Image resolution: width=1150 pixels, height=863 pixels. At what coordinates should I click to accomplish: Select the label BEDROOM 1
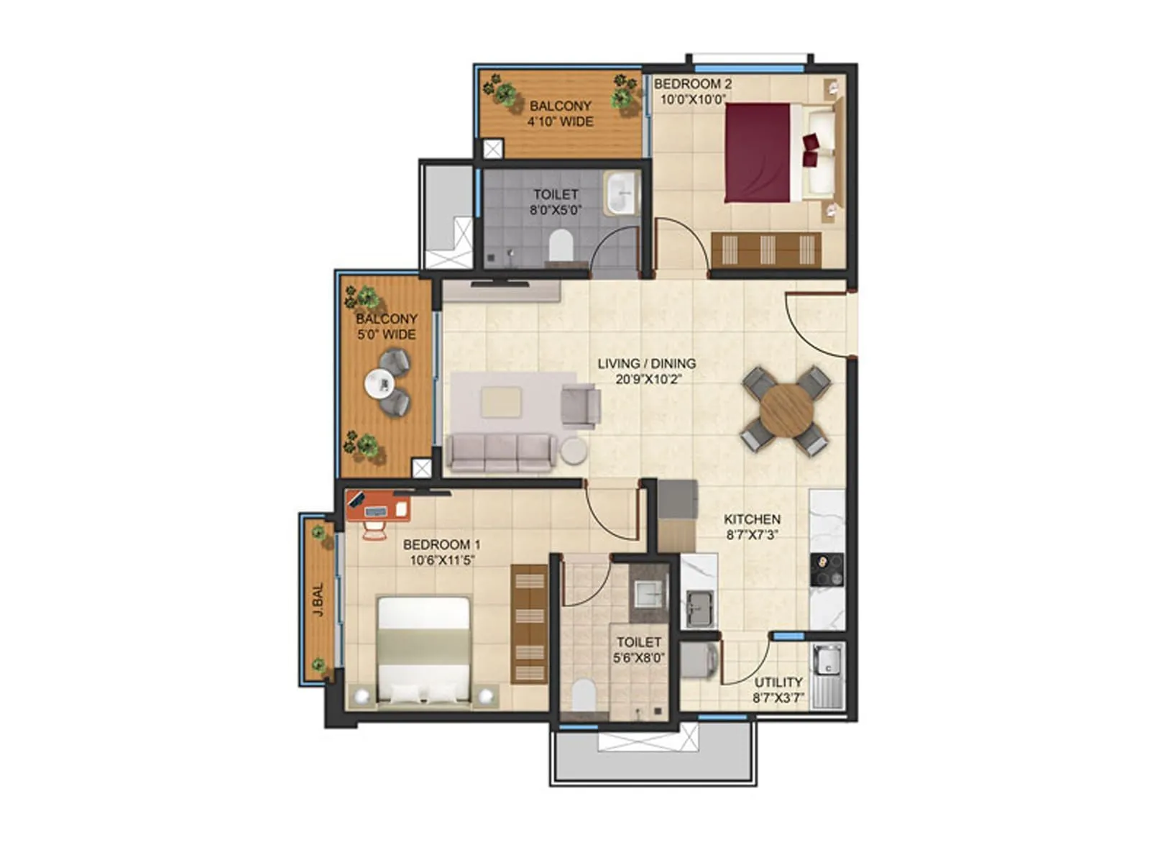(441, 544)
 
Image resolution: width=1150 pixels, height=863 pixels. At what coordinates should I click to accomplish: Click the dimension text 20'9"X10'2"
(648, 379)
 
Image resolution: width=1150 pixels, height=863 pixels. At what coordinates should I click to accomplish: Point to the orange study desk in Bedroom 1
(378, 506)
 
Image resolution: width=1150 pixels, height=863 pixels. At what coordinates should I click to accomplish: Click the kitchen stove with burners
(827, 570)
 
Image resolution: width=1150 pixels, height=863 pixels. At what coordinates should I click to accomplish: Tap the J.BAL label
(318, 599)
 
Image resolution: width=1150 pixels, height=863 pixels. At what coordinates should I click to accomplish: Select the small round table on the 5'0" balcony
(379, 383)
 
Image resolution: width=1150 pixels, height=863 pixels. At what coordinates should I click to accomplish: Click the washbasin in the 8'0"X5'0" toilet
(621, 193)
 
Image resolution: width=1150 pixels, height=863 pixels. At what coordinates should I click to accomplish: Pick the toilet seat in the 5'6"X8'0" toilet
(584, 695)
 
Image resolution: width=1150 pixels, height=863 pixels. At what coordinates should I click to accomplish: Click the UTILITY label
(778, 682)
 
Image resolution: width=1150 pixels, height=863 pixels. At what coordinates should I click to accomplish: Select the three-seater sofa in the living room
(500, 452)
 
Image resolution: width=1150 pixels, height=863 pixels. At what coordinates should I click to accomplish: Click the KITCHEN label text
(751, 519)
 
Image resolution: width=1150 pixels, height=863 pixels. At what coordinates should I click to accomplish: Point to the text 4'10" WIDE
(560, 122)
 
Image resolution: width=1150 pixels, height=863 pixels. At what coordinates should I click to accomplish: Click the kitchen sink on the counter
(699, 608)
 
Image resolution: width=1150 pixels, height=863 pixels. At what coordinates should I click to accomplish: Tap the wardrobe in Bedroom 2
(765, 250)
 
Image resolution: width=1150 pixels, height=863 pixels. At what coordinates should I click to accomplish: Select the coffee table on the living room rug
(501, 402)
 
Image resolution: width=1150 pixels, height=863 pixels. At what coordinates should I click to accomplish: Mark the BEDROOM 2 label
(692, 83)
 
